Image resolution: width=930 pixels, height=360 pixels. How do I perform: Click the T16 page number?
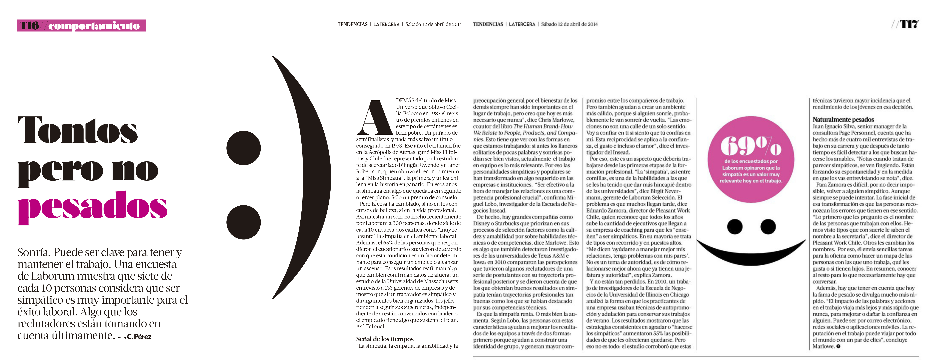pos(29,26)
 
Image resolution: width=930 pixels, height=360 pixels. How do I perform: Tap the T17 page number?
pos(909,24)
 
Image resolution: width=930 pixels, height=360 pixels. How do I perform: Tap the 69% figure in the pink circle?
pos(751,146)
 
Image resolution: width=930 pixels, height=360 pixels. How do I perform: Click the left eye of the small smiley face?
pos(735,226)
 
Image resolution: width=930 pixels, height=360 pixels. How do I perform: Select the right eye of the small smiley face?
pos(768,226)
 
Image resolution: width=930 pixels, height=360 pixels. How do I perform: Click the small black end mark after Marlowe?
pos(838,346)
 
